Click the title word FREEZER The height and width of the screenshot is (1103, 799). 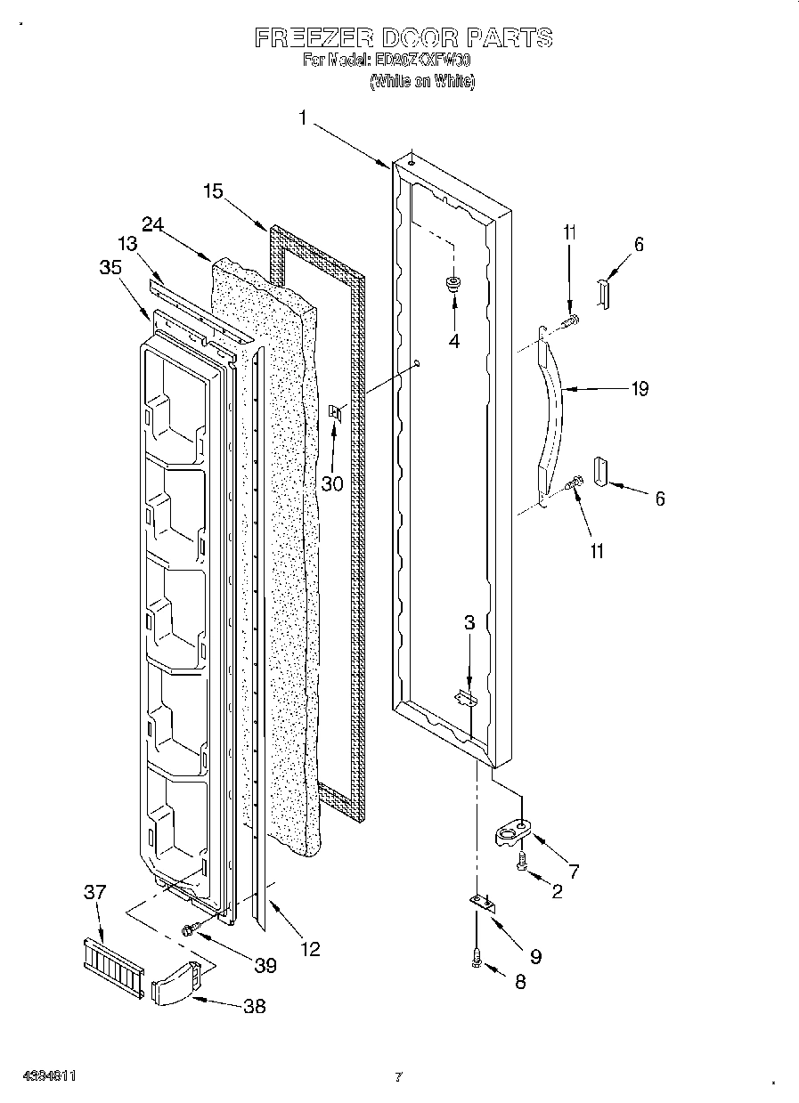tap(306, 37)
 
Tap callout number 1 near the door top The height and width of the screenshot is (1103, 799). tap(304, 118)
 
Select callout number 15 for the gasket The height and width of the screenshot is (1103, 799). tap(212, 191)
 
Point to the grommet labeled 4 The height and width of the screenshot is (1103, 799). tap(454, 285)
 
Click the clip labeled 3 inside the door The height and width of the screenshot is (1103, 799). tap(466, 697)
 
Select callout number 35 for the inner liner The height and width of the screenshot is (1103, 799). tap(111, 269)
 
